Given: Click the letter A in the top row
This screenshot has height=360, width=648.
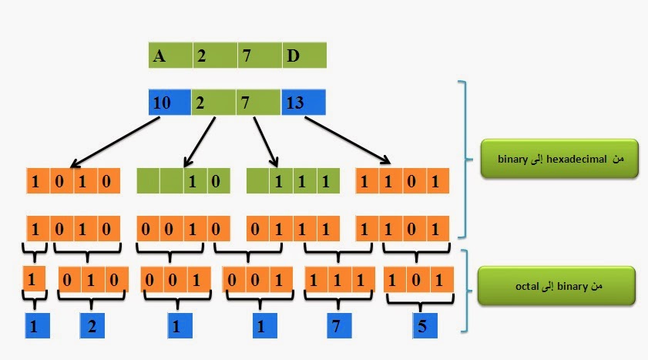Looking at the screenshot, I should tap(160, 56).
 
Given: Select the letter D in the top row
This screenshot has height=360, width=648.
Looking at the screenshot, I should tap(293, 56).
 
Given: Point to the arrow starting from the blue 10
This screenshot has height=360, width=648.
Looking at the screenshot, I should tap(116, 142).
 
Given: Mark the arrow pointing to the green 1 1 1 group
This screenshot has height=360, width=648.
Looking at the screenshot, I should tap(264, 140).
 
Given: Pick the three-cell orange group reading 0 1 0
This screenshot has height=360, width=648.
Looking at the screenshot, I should tap(90, 280).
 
